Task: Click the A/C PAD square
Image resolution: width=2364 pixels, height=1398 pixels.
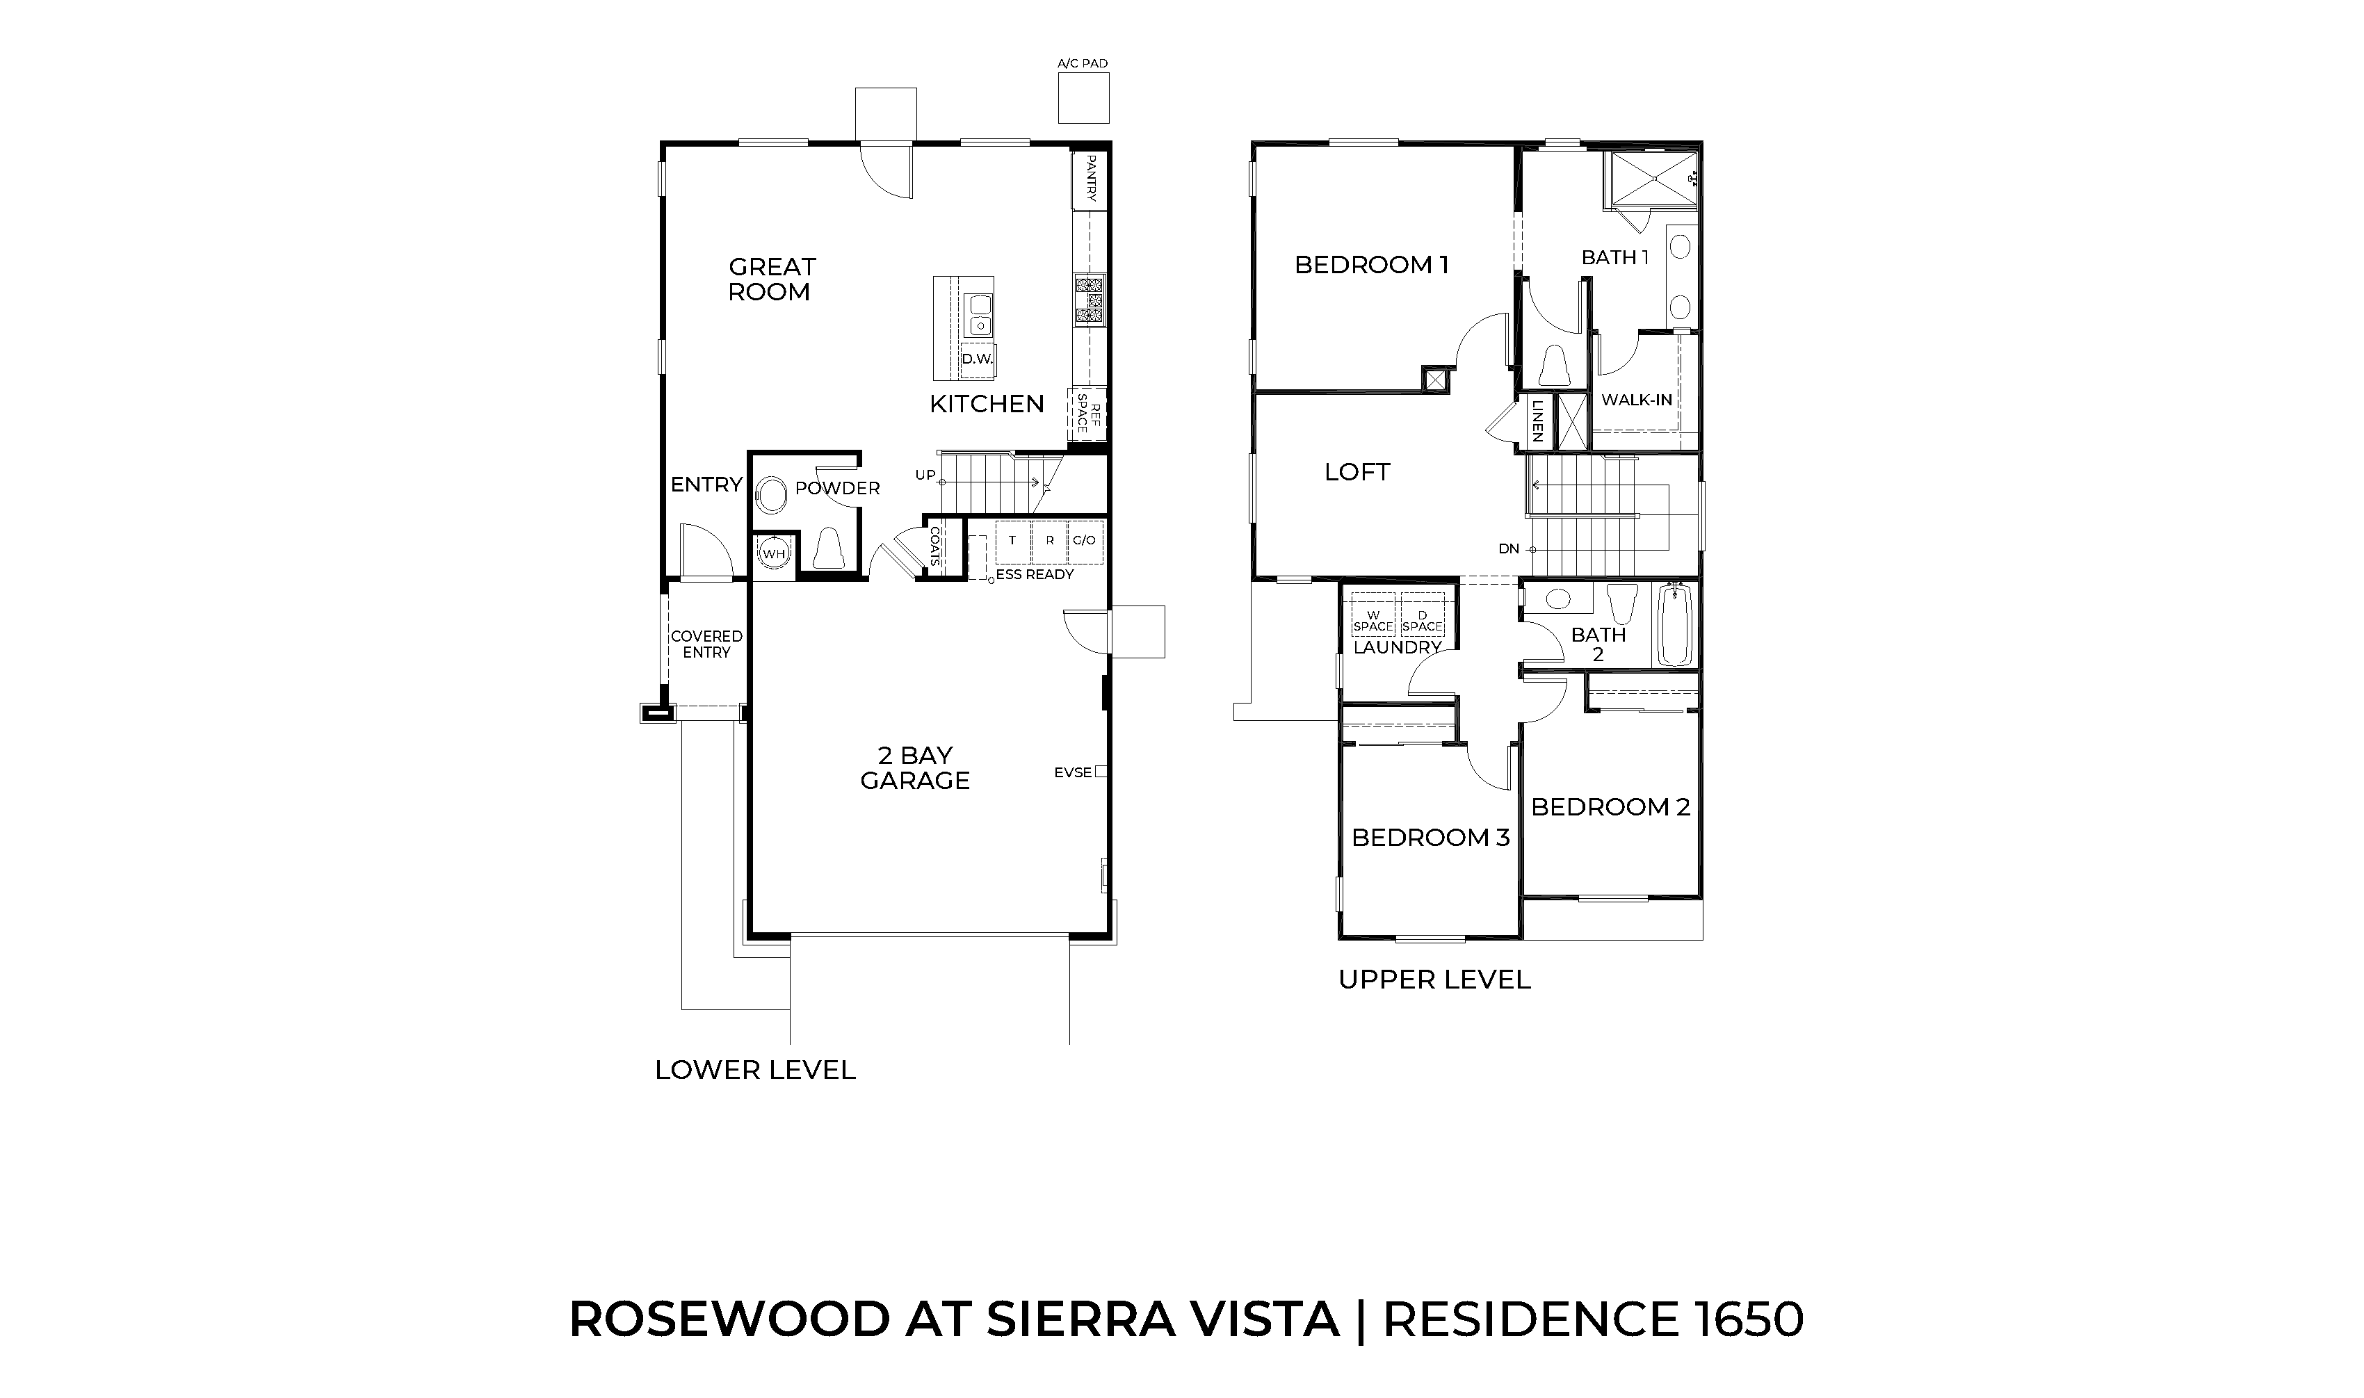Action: coord(1083,98)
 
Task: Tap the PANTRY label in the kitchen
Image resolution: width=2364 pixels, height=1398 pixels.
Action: coord(1090,179)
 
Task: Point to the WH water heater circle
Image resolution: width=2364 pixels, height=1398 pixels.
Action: coord(774,554)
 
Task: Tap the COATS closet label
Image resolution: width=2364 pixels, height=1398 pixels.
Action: coord(934,546)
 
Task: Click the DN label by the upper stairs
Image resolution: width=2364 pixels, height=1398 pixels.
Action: coord(1509,549)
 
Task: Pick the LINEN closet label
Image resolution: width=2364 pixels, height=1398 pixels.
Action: coord(1537,421)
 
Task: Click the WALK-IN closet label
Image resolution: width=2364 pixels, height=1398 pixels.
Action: coord(1637,400)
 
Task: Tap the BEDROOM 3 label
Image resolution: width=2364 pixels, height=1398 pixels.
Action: coord(1430,838)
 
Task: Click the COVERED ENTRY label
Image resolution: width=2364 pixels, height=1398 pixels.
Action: coord(706,644)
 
